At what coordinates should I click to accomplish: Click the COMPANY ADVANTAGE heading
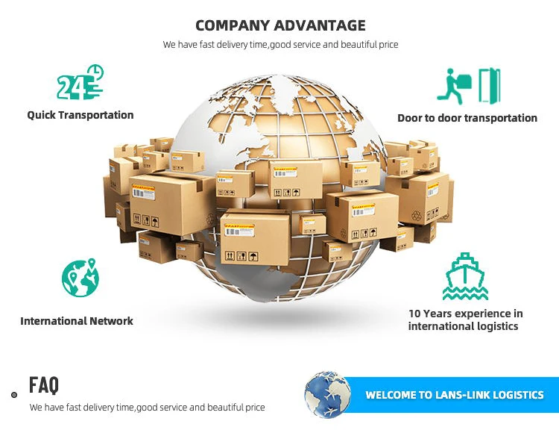coord(280,25)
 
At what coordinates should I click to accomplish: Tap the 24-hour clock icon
coord(80,83)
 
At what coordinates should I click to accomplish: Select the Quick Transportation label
coord(80,115)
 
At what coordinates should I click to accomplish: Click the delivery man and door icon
coord(468,85)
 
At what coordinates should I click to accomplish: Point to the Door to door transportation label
coord(467,118)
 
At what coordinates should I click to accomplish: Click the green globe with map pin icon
coord(80,277)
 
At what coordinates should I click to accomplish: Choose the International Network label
coord(77,321)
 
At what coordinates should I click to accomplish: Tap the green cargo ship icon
coord(465,276)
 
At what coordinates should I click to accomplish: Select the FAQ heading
coord(44,385)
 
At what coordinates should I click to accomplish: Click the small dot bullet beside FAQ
coord(14,394)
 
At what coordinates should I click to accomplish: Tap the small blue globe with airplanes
coord(328,394)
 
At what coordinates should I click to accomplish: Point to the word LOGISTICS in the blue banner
coord(515,395)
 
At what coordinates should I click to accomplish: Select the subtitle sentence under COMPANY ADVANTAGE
coord(280,45)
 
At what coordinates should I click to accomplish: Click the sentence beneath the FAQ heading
coord(147,408)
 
